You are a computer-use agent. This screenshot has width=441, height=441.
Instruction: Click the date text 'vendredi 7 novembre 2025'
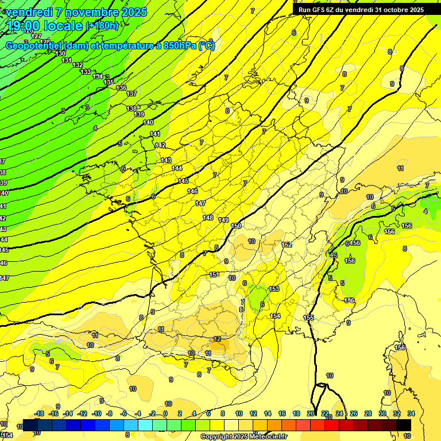(77, 12)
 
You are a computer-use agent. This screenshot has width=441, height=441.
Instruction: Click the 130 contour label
(61, 53)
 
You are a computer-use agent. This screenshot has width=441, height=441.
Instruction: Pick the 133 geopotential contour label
(86, 72)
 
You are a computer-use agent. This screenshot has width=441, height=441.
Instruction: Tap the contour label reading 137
(131, 93)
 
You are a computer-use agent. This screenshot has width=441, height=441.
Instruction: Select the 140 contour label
(148, 122)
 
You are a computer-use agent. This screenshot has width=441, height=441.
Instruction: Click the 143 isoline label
(166, 160)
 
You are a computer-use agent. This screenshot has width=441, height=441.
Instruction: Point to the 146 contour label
(192, 191)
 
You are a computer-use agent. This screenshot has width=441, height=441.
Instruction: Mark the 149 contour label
(224, 220)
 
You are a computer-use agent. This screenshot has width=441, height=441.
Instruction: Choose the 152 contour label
(287, 245)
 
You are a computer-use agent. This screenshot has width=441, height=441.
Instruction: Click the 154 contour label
(275, 316)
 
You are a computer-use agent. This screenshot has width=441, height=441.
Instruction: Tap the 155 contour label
(309, 318)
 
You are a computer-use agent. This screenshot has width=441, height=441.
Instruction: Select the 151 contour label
(214, 274)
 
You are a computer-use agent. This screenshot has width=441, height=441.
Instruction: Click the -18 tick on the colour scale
(40, 413)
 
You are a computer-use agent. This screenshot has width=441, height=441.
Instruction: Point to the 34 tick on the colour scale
(411, 413)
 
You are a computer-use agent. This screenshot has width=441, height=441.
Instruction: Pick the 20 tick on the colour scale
(311, 413)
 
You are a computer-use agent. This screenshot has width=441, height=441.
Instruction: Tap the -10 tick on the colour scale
(97, 413)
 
